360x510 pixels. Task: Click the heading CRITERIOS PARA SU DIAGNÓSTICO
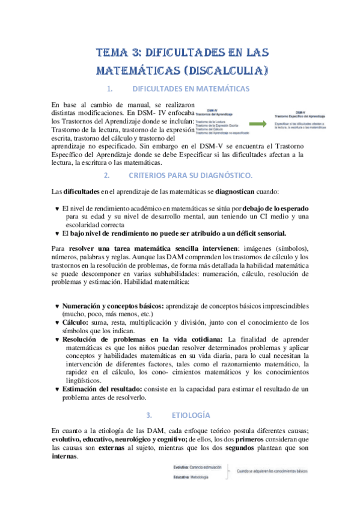tap(191, 175)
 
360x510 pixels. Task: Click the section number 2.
tap(106, 175)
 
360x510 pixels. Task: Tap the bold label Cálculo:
tap(76, 322)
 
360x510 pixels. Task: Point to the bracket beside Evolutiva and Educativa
tap(228, 472)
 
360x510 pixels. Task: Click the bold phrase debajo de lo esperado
tap(274, 208)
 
